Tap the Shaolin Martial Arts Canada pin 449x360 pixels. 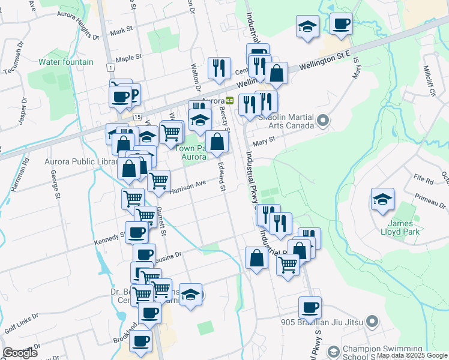coord(323,121)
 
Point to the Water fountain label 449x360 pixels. coord(66,62)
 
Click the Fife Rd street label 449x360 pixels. coord(423,179)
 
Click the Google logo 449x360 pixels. coord(20,353)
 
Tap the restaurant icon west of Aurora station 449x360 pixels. coord(220,68)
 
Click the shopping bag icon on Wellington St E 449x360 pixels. coord(276,73)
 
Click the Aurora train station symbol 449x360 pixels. coord(229,100)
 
